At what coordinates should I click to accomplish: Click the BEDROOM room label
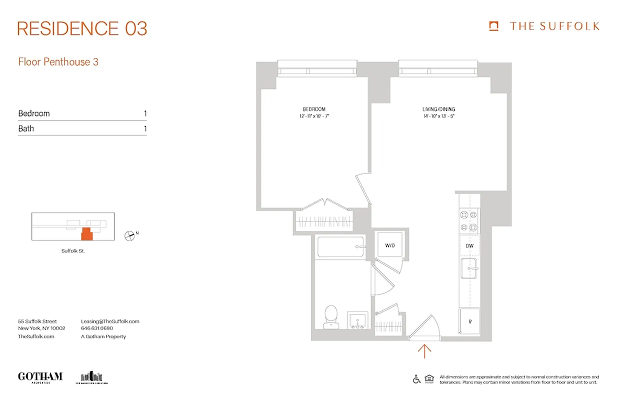click(314, 109)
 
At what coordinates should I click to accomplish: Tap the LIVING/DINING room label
click(438, 109)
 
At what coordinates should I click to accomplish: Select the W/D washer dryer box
click(390, 245)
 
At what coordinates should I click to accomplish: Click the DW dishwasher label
click(469, 246)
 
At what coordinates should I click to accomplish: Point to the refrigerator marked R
click(469, 322)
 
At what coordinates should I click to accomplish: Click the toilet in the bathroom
click(330, 317)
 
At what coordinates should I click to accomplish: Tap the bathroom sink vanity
click(357, 320)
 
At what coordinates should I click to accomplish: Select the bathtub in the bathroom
click(340, 246)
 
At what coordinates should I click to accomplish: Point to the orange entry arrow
click(424, 351)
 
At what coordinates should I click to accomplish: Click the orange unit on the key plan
click(86, 234)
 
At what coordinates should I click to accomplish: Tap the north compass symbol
click(129, 235)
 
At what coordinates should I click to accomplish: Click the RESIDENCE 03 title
click(82, 29)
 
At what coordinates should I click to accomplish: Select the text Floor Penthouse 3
click(58, 62)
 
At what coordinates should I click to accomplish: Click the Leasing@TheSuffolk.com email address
click(110, 321)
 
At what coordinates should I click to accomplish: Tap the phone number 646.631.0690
click(97, 328)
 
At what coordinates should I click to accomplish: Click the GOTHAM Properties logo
click(40, 377)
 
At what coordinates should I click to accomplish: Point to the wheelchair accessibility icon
click(416, 379)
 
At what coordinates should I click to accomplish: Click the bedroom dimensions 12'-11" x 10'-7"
click(314, 116)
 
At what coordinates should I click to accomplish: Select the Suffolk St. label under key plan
click(73, 251)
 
